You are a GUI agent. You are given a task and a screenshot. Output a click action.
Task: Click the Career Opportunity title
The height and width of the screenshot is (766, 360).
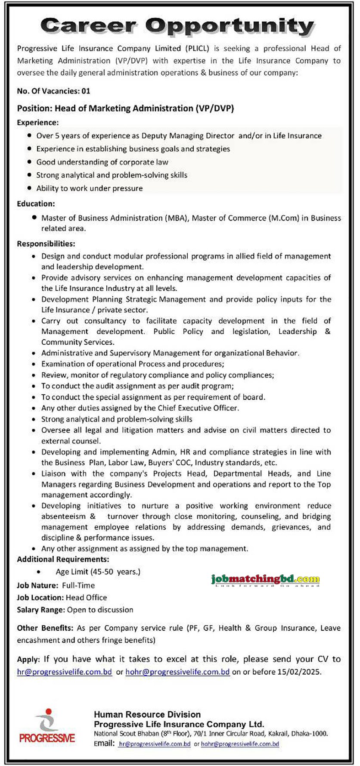[x=177, y=26]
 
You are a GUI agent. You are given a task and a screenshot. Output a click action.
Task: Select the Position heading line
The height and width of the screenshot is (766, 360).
[x=125, y=108]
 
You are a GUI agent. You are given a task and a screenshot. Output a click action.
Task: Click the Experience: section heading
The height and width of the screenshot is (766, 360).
[x=37, y=123]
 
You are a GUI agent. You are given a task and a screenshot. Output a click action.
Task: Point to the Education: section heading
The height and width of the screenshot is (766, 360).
[x=36, y=203]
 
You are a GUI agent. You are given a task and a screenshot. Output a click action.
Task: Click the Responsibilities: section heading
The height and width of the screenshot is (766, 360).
[x=46, y=244]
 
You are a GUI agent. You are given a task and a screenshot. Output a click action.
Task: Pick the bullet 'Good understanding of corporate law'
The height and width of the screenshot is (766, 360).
[x=102, y=162]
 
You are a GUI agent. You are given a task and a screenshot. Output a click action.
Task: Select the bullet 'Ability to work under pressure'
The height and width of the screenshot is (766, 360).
[x=89, y=188]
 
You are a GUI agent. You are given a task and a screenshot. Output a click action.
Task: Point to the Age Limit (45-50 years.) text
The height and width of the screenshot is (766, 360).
[x=98, y=572]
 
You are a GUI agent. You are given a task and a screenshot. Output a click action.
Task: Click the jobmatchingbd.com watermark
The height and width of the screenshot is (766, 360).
[x=265, y=579]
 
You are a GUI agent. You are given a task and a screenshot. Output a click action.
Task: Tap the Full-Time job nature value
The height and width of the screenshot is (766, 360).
[x=78, y=585]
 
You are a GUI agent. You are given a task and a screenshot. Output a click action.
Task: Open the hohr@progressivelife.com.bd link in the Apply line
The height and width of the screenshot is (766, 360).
[x=177, y=672]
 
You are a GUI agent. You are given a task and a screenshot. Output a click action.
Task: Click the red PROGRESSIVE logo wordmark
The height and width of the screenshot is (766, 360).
[x=47, y=738]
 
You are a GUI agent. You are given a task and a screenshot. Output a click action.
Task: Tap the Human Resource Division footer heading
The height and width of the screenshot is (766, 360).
[x=147, y=714]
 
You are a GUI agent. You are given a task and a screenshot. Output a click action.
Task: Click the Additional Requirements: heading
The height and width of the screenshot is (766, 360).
[x=63, y=559]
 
